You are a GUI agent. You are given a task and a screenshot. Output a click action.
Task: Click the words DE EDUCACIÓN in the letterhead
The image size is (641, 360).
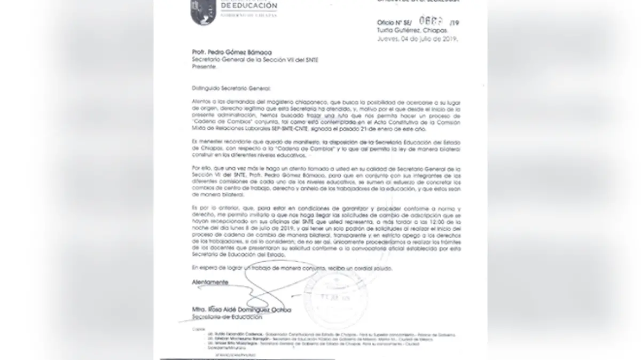tap(248, 6)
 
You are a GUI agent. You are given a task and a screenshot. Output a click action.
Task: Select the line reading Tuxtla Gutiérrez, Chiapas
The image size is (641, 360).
tap(411, 31)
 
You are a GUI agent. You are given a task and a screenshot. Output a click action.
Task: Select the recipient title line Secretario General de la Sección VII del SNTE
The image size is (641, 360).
tap(247, 60)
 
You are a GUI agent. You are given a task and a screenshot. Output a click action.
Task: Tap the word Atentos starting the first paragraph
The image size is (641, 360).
tap(200, 100)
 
